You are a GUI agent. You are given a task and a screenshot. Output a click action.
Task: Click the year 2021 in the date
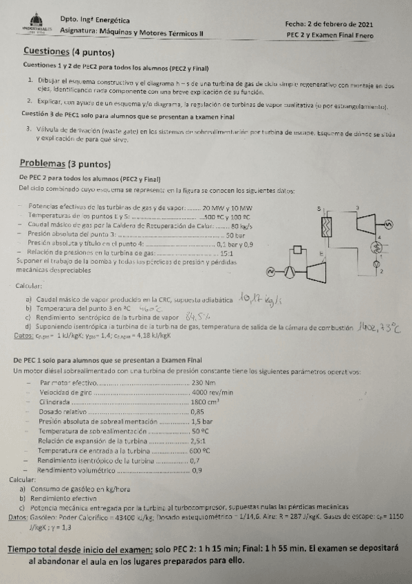coord(381,23)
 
